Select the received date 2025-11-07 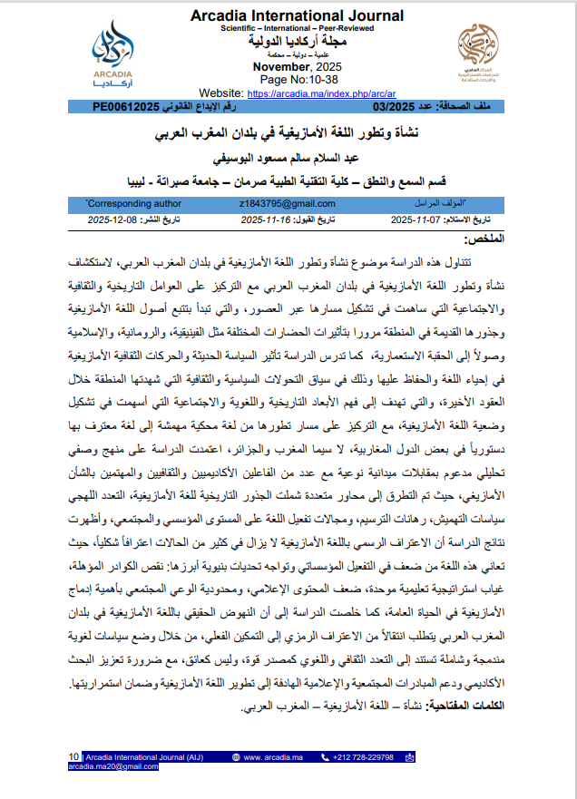click(422, 220)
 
